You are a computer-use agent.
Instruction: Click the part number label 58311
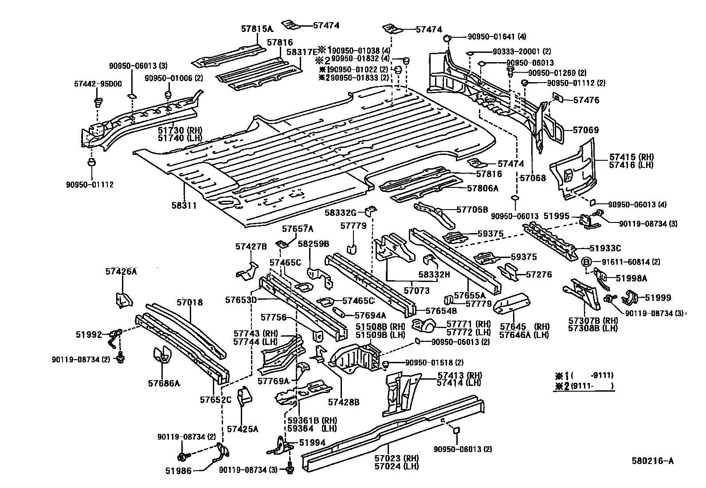coord(184,206)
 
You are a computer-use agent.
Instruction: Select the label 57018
coord(189,302)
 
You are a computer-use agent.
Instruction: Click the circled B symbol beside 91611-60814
coord(585,262)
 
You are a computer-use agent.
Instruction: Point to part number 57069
coord(585,130)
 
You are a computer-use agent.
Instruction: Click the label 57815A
coord(257,29)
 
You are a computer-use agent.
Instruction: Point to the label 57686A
coord(164,383)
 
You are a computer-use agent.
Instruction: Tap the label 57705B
coord(472,209)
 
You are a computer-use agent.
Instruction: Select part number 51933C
coord(605,249)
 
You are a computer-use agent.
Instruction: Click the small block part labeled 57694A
coord(341,312)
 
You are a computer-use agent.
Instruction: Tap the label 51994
coord(312,442)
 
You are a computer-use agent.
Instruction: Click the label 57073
coord(416,290)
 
